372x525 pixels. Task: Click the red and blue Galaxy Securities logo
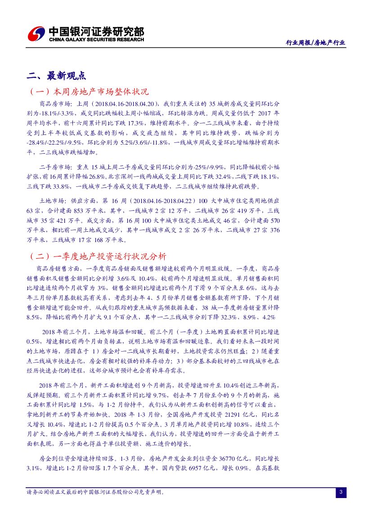pos(36,34)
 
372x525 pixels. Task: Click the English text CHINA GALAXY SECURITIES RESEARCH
pos(96,40)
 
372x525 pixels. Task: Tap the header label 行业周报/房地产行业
pos(316,43)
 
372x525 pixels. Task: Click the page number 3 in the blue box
pos(341,493)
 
